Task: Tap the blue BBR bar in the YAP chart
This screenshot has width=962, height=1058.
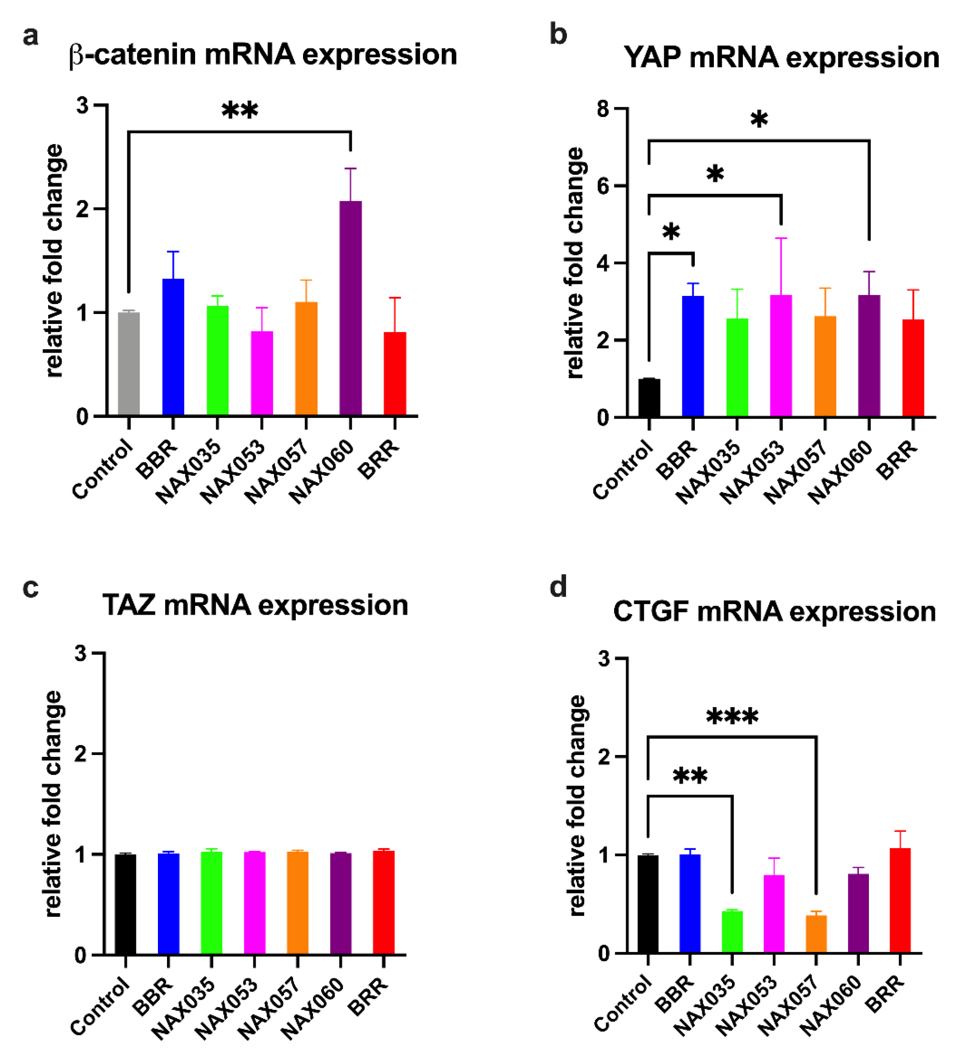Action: click(693, 356)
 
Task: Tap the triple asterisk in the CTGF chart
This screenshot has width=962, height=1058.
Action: click(732, 717)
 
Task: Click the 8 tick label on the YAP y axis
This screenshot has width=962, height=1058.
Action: click(603, 109)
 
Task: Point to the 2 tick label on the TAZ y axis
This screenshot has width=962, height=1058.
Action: click(80, 754)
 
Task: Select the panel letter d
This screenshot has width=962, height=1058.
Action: click(558, 587)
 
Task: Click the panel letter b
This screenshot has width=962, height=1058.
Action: click(558, 35)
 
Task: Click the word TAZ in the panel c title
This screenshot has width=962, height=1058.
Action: click(129, 605)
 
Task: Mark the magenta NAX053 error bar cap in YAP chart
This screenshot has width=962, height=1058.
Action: click(781, 238)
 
